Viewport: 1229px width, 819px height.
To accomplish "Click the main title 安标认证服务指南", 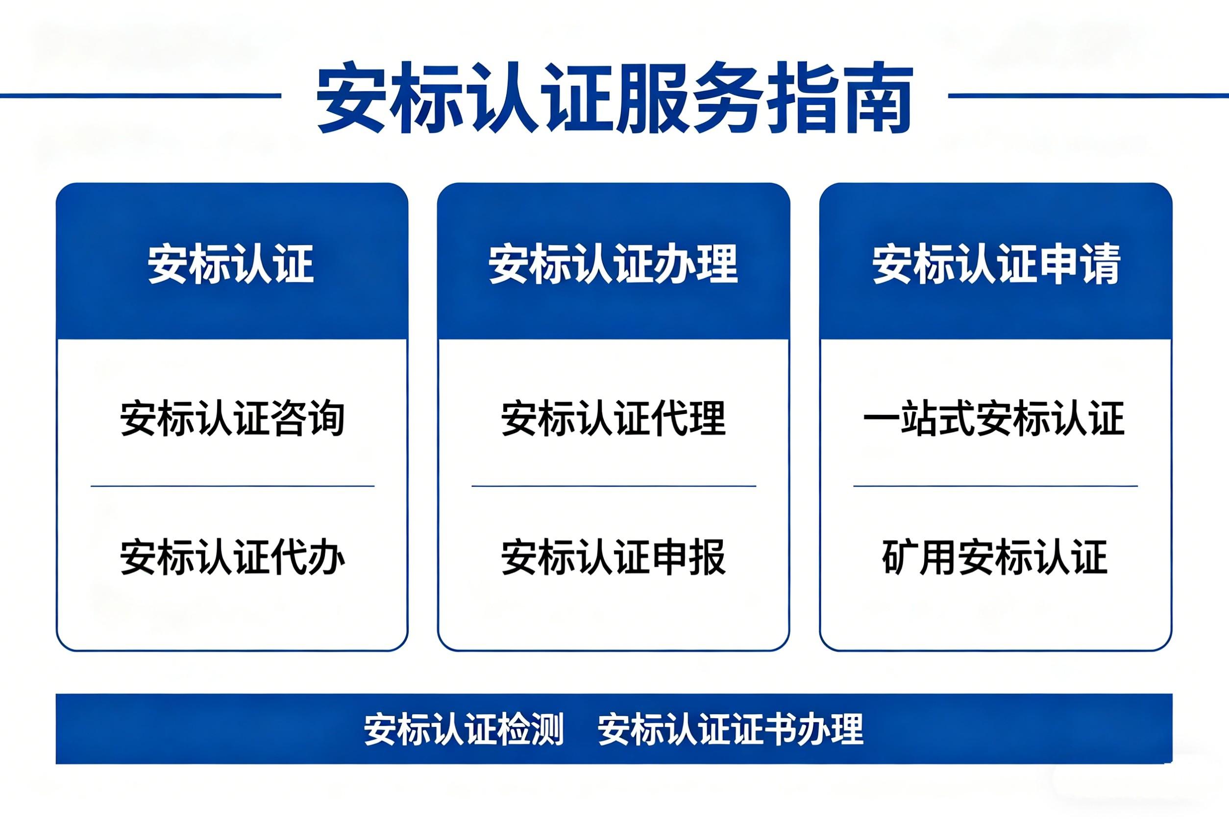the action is point(614,97).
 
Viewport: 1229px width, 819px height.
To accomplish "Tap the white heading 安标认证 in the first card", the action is point(231,264).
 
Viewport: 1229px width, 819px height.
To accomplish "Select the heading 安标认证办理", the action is point(613,264).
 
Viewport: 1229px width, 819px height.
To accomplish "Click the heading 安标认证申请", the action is point(996,264).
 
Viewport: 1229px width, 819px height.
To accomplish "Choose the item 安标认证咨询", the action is point(233,418).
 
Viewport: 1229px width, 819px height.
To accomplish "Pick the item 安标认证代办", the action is point(233,557).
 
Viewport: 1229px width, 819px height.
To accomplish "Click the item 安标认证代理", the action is point(614,418).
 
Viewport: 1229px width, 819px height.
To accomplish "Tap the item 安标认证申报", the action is point(614,557).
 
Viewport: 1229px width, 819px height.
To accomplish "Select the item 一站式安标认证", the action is point(994,418).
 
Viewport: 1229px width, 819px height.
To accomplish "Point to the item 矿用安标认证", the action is point(995,557).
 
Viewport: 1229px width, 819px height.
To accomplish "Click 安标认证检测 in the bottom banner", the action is point(464,729).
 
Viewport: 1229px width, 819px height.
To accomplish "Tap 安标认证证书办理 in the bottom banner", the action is point(731,729).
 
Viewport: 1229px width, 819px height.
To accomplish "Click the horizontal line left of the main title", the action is point(141,96).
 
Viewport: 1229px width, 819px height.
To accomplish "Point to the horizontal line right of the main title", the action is point(1088,96).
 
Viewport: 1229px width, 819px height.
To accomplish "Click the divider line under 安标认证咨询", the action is point(233,486).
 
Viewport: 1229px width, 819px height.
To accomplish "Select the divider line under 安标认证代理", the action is point(614,486).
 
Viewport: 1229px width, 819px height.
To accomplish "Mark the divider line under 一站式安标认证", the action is point(995,486).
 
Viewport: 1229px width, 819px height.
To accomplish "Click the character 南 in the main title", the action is point(877,97).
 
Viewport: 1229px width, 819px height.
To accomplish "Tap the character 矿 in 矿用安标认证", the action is point(900,557).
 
